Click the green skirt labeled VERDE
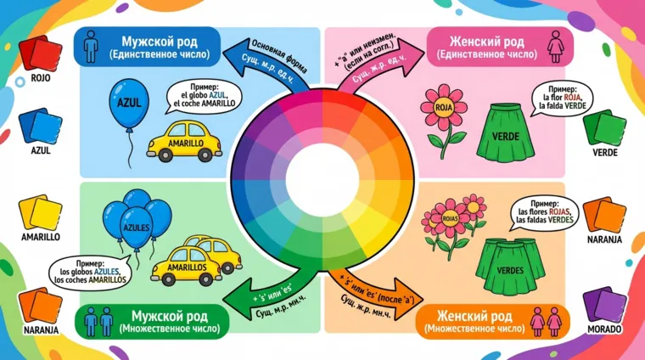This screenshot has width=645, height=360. [x=502, y=132]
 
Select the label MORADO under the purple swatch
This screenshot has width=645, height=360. [x=603, y=329]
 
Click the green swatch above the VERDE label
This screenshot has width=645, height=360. [x=604, y=128]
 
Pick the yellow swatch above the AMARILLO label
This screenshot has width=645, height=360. [x=39, y=212]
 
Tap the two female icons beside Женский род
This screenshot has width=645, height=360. [x=542, y=321]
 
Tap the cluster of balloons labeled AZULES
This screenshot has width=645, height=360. [x=135, y=225]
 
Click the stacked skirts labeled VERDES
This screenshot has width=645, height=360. [x=509, y=267]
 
